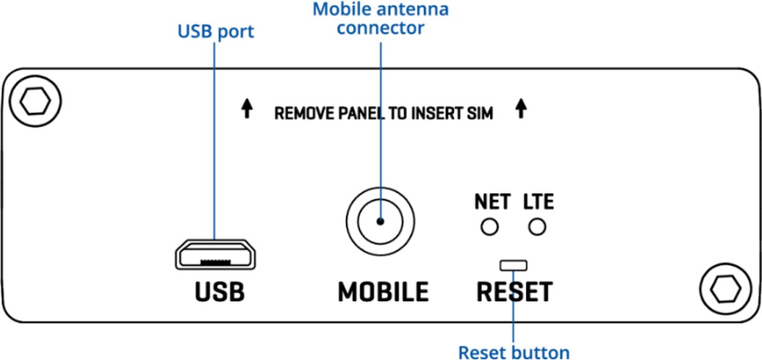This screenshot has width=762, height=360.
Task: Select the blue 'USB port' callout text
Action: [x=215, y=31]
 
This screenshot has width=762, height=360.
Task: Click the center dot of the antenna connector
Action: [x=380, y=222]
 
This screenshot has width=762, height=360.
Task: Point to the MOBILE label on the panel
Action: [x=383, y=292]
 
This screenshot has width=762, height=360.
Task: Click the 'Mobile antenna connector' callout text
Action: [x=380, y=19]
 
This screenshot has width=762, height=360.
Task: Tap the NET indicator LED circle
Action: [x=489, y=226]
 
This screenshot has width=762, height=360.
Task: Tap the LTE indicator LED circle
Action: [x=537, y=226]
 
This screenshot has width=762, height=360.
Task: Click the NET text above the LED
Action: [x=492, y=202]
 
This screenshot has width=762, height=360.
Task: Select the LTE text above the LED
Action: [x=538, y=202]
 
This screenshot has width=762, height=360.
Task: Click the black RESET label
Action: [x=514, y=292]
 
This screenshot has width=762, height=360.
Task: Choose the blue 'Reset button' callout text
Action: [x=514, y=352]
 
